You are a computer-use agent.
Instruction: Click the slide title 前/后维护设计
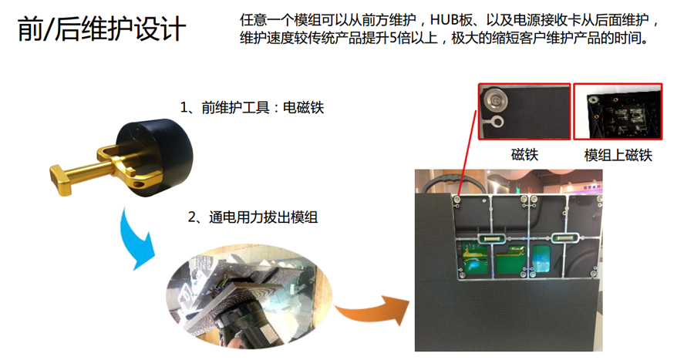(101, 30)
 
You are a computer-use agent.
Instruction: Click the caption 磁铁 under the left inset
(524, 155)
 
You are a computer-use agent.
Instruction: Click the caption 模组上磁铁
(618, 155)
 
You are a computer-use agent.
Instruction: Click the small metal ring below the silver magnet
(497, 121)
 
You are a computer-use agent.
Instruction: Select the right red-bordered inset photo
(618, 111)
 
